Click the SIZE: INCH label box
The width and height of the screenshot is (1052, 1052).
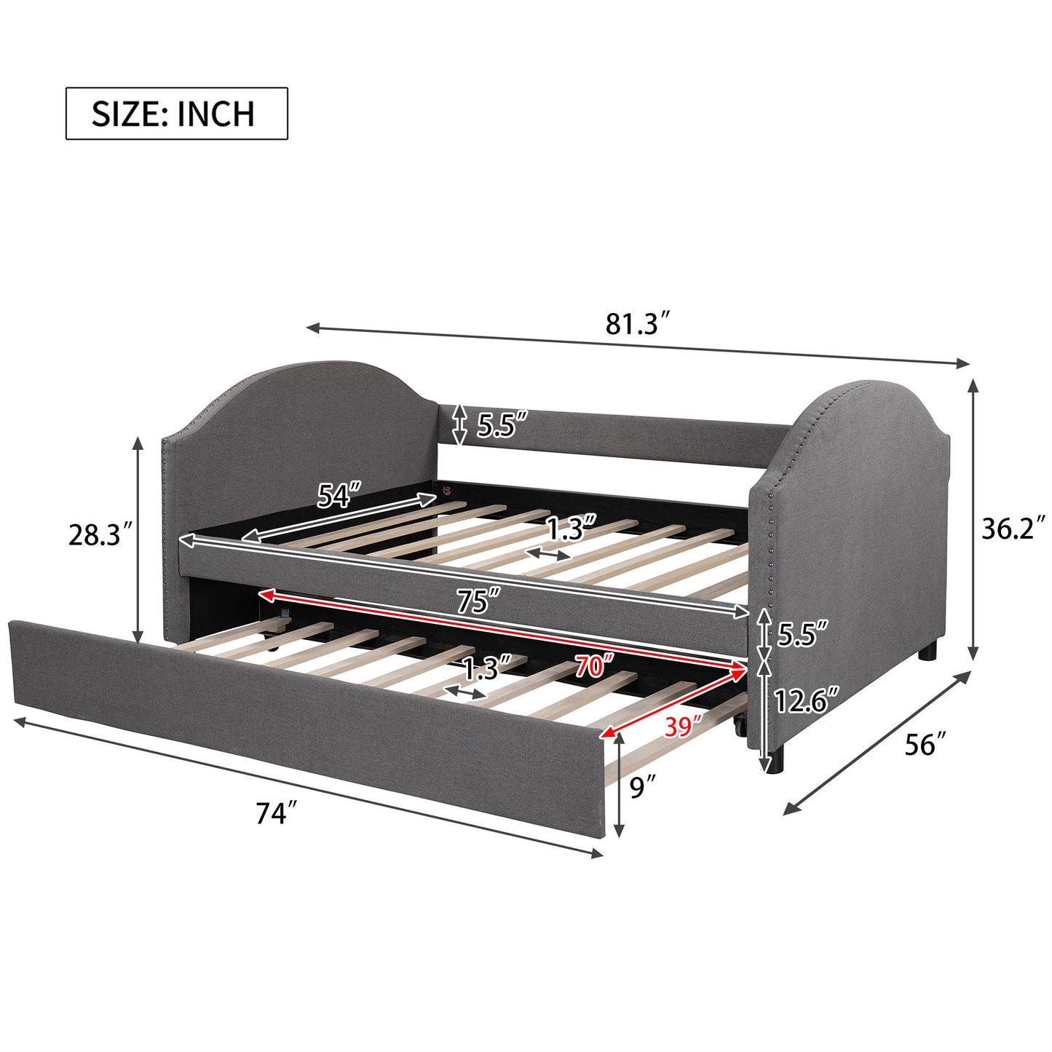coord(177,114)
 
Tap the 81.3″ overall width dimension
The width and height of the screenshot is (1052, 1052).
coord(637,323)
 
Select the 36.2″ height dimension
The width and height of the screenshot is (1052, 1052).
coord(1013,529)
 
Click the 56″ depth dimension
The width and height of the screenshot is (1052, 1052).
coord(925,745)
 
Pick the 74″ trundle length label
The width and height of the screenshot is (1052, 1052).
coord(277,813)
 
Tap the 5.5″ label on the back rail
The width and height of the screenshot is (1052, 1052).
coord(502,425)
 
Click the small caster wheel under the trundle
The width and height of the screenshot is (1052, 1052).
coord(739,725)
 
